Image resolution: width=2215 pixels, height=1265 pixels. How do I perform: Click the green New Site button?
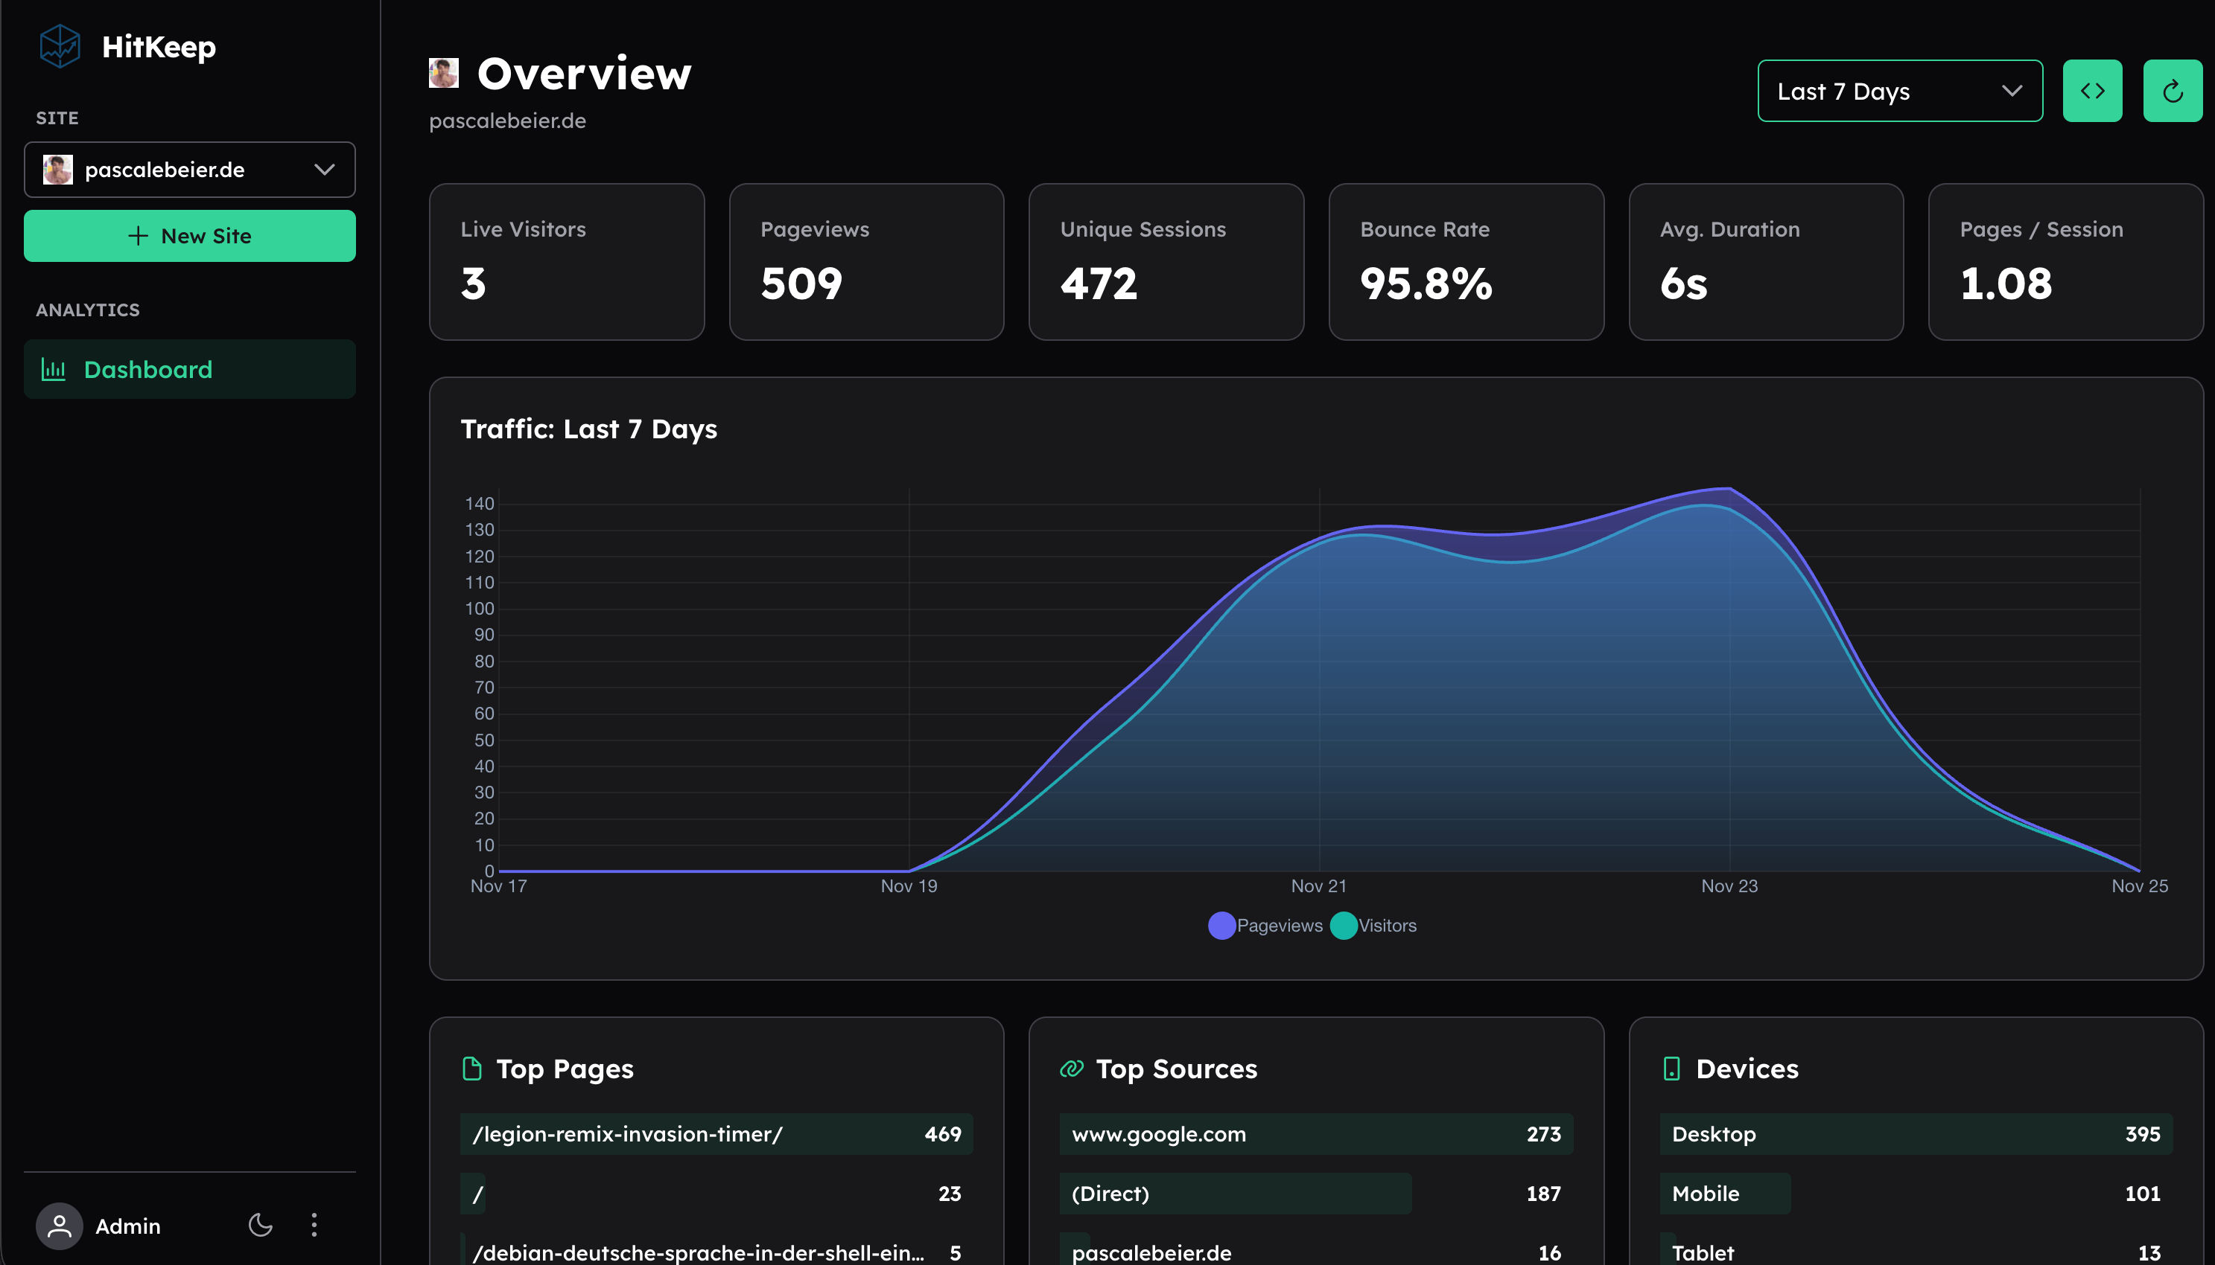click(x=189, y=235)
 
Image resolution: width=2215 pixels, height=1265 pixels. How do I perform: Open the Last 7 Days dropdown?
click(x=1898, y=92)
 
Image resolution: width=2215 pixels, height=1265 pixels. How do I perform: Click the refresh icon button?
click(x=2172, y=92)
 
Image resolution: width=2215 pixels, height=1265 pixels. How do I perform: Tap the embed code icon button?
click(x=2091, y=92)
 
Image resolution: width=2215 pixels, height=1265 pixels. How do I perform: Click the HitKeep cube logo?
click(x=60, y=46)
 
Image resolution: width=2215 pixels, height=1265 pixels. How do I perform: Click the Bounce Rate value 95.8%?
click(x=1426, y=284)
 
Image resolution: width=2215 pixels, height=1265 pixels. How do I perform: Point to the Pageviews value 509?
click(x=801, y=284)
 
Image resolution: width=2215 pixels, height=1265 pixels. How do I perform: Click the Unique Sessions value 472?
click(x=1098, y=284)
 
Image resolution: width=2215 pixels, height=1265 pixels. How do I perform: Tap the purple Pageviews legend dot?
click(x=1221, y=925)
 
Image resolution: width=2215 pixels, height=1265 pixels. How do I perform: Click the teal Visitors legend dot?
click(x=1343, y=925)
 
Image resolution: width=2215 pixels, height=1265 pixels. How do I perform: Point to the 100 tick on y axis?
click(x=479, y=609)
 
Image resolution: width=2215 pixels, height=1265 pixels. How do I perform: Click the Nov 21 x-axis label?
click(x=1318, y=886)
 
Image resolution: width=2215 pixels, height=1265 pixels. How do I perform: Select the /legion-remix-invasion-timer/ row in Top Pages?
click(x=716, y=1134)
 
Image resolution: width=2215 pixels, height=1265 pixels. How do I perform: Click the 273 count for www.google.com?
click(x=1543, y=1134)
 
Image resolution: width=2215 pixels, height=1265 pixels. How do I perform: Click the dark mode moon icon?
click(x=260, y=1225)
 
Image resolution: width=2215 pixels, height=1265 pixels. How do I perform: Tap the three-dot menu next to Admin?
click(x=314, y=1225)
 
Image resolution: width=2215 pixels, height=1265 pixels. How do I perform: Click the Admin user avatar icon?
click(x=59, y=1226)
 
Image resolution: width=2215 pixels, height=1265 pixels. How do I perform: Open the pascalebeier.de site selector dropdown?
click(x=189, y=170)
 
